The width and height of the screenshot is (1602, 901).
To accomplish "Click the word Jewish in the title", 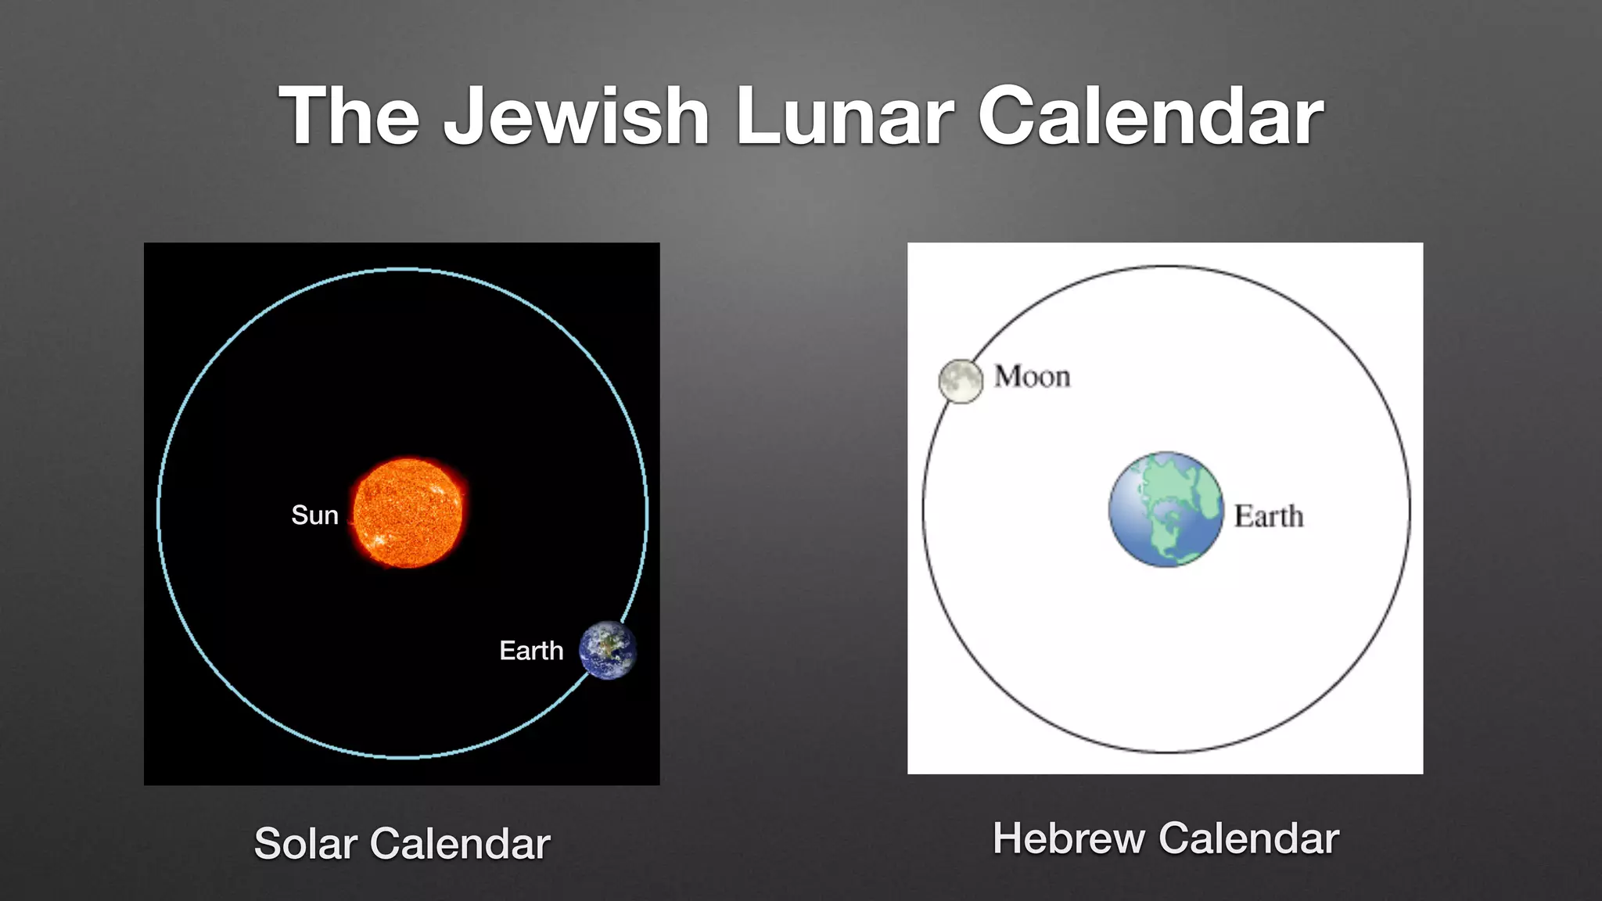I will tap(577, 117).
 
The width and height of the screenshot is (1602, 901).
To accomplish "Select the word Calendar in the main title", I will tap(1151, 117).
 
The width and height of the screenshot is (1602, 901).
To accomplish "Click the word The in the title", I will tap(350, 117).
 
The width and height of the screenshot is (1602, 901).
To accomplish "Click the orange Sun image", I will tap(408, 512).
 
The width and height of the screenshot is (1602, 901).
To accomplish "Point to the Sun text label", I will tap(314, 515).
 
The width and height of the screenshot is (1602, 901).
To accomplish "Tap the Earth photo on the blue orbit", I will tap(608, 650).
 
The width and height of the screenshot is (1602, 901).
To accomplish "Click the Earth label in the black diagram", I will tap(531, 651).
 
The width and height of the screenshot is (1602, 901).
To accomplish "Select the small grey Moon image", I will tap(960, 381).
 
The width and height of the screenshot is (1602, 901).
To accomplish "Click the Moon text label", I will tap(1032, 377).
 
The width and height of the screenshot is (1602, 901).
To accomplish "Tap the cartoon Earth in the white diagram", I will tap(1166, 509).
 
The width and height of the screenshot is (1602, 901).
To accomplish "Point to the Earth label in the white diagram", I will tap(1269, 516).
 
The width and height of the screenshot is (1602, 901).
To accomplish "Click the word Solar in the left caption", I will tap(306, 844).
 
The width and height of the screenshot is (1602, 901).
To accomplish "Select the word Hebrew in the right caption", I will tap(1069, 838).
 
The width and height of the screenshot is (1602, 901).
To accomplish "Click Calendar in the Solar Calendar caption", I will tap(460, 844).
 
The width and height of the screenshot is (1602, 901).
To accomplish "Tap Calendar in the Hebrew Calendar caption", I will tap(1248, 838).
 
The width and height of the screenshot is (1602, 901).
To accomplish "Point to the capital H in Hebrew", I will tap(1008, 838).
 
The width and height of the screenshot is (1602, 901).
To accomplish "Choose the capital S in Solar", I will tap(268, 844).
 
